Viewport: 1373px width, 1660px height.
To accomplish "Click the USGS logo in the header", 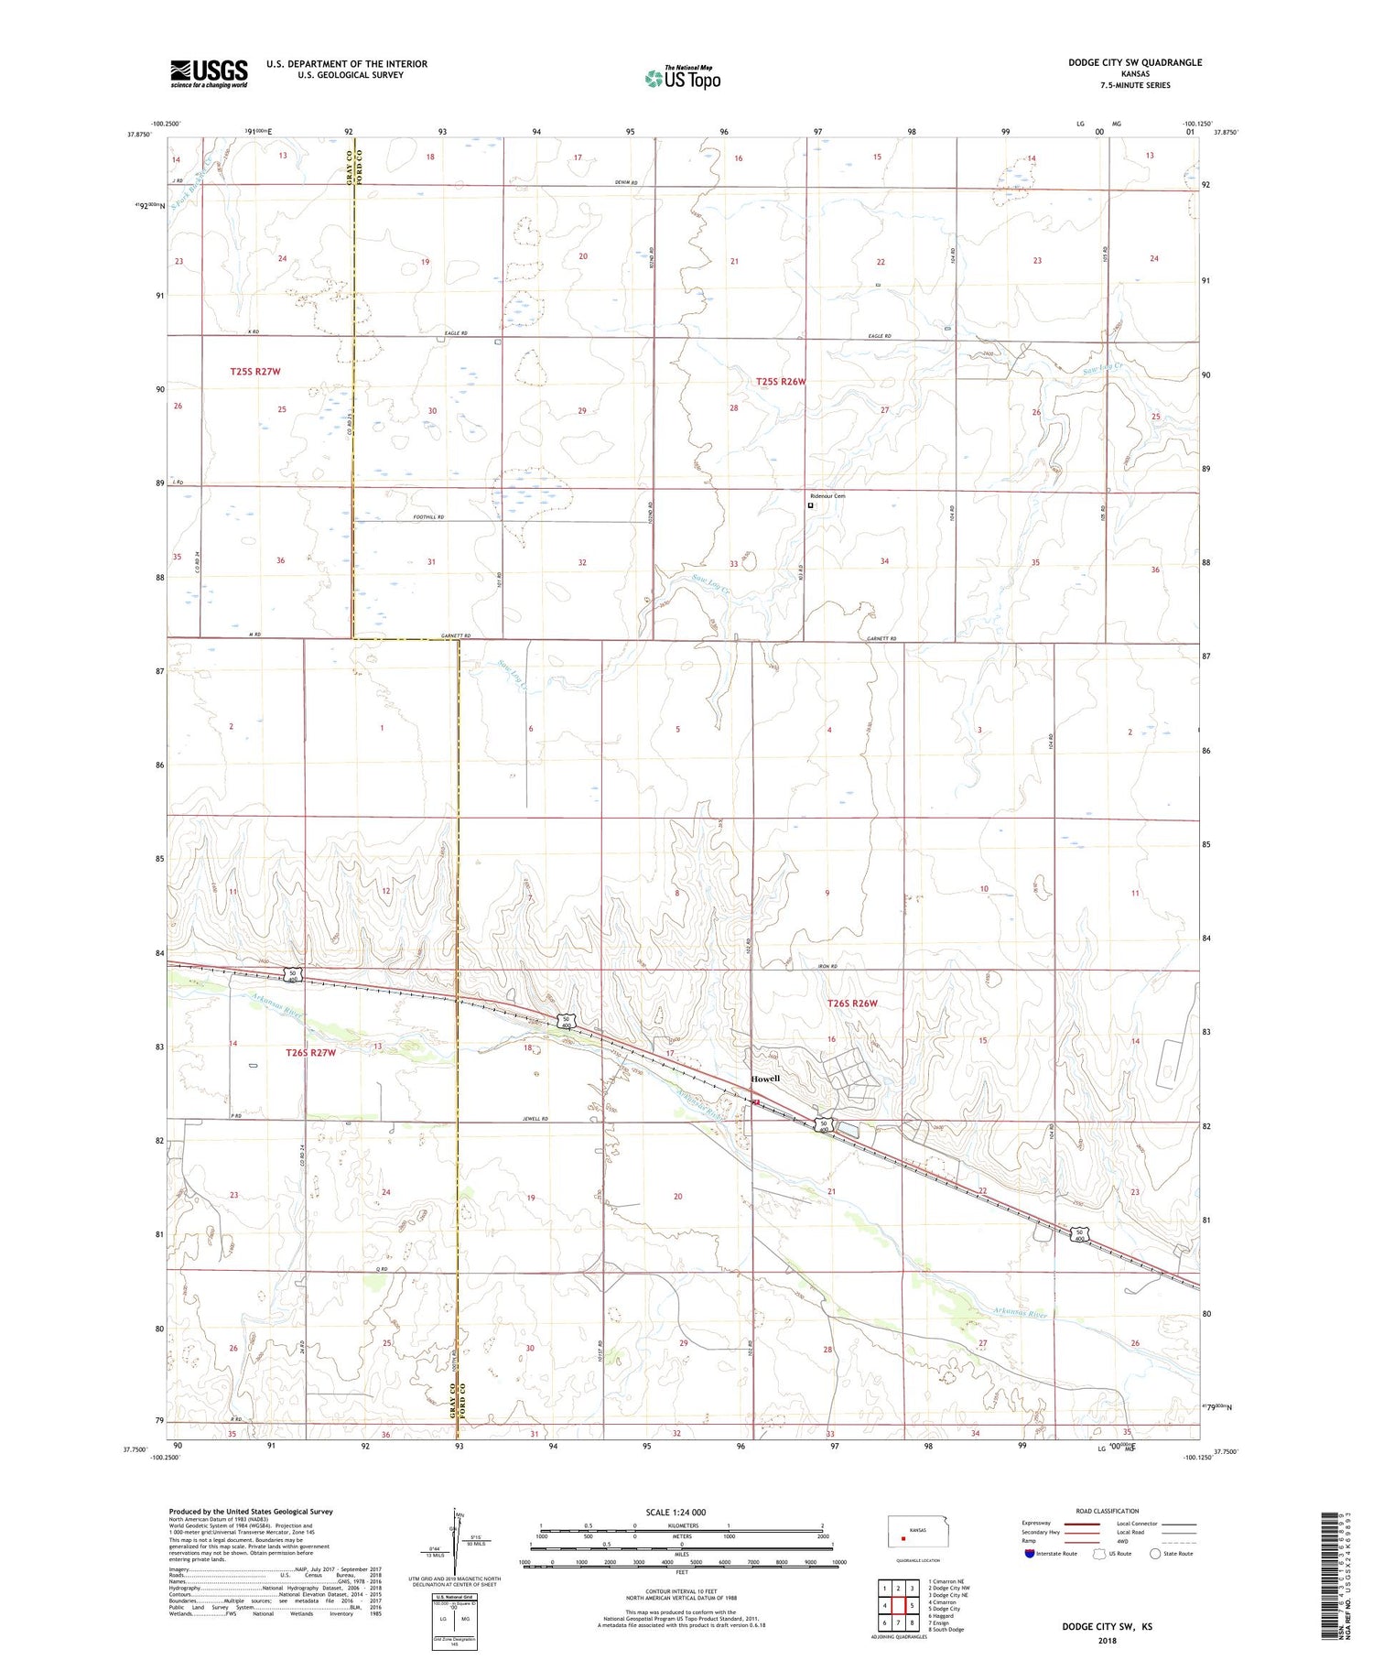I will click(209, 73).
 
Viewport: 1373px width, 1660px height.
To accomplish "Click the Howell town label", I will click(765, 1079).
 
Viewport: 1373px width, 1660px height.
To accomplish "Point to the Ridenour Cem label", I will click(828, 496).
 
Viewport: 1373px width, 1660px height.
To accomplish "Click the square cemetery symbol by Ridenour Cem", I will click(810, 505).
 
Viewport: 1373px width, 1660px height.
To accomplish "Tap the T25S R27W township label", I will click(254, 372).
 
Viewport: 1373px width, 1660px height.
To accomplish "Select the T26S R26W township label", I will click(852, 1004).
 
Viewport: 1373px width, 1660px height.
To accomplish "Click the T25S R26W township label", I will click(781, 381).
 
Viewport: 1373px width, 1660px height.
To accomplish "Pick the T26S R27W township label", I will click(310, 1053).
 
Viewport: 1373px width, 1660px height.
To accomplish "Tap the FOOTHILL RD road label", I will click(427, 517).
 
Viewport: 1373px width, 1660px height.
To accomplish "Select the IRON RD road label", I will click(827, 966).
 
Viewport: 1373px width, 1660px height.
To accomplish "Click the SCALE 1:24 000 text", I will click(675, 1512).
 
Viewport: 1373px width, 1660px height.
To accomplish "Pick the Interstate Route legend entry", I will click(1051, 1554).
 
